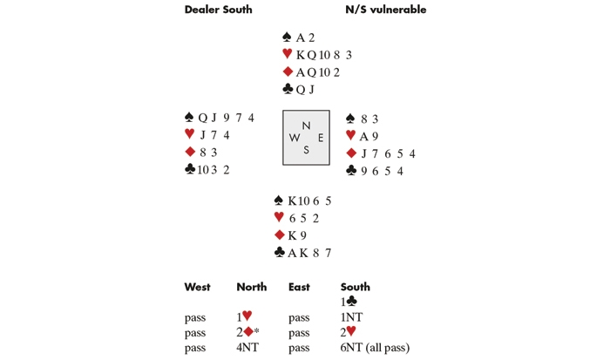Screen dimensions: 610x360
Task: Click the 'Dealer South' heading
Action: click(x=218, y=10)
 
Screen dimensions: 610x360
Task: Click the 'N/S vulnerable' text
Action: click(x=385, y=10)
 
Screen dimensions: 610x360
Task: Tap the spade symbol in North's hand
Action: click(x=287, y=37)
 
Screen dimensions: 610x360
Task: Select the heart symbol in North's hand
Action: click(x=287, y=54)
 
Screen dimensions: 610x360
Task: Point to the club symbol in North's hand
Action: click(x=288, y=89)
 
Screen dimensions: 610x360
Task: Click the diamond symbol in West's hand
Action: click(x=190, y=152)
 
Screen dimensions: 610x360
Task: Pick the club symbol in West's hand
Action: click(x=190, y=169)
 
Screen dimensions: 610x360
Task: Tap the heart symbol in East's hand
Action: click(x=350, y=135)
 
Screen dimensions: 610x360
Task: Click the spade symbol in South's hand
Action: click(x=279, y=200)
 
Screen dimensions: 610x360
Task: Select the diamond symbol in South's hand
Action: click(x=280, y=234)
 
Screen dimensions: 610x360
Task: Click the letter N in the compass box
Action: click(x=306, y=126)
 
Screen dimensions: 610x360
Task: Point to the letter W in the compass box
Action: click(x=295, y=138)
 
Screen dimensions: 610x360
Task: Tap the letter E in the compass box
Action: click(x=321, y=138)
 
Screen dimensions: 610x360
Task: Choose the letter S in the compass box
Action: click(x=306, y=150)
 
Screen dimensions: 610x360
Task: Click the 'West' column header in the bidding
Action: click(x=197, y=288)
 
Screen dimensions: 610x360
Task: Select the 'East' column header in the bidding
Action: click(x=299, y=288)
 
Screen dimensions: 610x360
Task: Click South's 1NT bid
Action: click(x=351, y=317)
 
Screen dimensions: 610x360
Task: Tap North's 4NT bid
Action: click(x=247, y=347)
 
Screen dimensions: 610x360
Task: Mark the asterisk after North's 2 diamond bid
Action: click(x=256, y=330)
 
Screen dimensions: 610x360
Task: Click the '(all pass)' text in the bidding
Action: click(x=387, y=348)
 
